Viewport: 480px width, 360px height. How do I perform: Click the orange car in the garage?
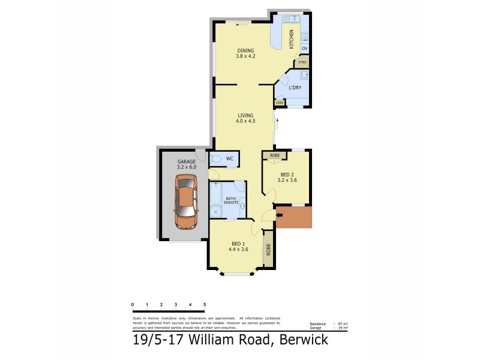[187, 202]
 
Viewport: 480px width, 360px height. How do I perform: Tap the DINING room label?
[245, 54]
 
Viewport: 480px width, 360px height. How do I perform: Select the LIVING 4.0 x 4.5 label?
[245, 118]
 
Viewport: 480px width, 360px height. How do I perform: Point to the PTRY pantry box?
[302, 62]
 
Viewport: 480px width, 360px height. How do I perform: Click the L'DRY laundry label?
[295, 88]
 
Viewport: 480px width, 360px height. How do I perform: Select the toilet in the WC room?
[216, 159]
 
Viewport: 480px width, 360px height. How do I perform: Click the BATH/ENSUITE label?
[232, 200]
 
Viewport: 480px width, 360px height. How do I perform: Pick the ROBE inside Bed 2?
[274, 155]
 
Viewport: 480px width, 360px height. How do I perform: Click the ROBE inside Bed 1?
[269, 250]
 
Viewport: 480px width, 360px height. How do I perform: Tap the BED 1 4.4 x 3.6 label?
[236, 247]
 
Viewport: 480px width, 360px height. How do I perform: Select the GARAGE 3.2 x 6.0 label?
[186, 164]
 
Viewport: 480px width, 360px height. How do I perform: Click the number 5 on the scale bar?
[205, 305]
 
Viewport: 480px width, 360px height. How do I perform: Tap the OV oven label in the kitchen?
[304, 49]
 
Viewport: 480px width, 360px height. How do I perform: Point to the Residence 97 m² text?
[328, 323]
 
